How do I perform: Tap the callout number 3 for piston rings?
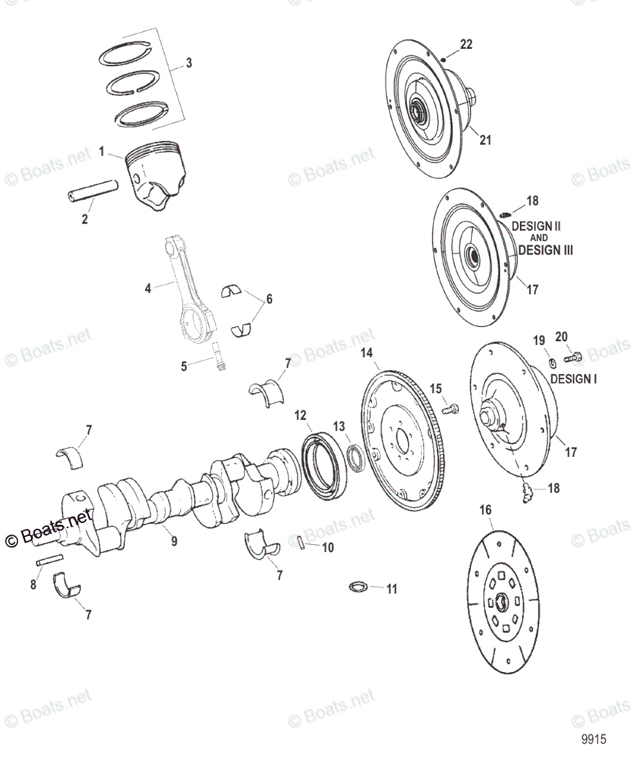(188, 63)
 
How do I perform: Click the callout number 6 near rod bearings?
(269, 299)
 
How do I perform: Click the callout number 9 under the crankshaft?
(174, 542)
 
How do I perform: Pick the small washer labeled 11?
(357, 587)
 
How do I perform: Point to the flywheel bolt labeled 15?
(451, 408)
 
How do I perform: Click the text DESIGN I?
(573, 379)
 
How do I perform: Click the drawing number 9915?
(594, 740)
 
